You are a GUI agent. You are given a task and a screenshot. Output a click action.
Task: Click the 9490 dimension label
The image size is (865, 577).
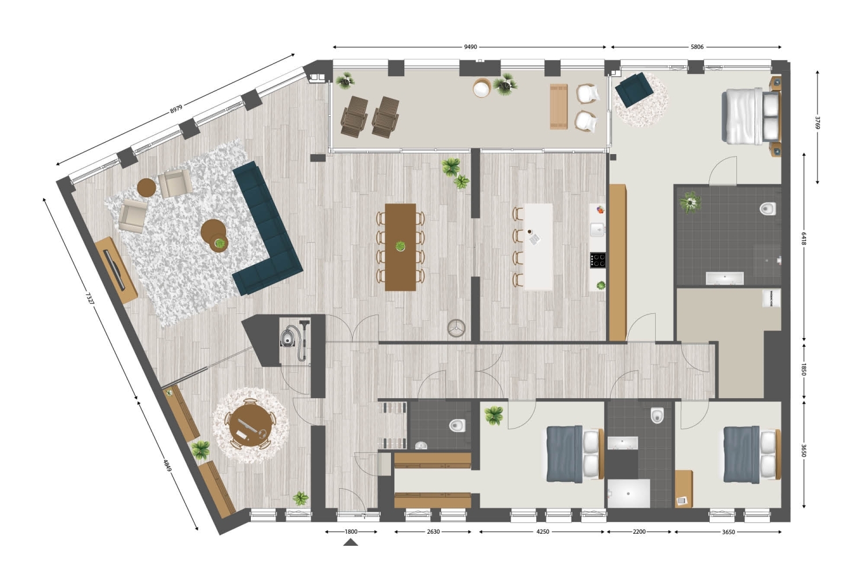click(470, 47)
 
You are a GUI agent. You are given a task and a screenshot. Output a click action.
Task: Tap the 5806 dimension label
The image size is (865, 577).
click(697, 47)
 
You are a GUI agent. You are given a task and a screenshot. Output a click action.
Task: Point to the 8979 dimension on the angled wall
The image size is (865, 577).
click(176, 110)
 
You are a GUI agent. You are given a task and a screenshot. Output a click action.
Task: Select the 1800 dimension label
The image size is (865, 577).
click(351, 531)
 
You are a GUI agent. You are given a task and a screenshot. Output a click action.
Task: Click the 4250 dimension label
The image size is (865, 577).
click(543, 531)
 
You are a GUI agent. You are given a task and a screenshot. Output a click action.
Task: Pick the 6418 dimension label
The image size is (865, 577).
click(804, 238)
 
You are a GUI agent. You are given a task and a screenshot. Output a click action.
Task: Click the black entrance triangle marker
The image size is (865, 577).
click(351, 542)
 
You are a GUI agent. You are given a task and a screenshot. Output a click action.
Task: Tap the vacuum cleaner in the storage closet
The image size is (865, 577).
click(295, 339)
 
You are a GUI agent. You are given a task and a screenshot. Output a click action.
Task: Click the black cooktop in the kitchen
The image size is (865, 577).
click(597, 260)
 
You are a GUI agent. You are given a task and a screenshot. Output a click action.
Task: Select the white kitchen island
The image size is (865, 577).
click(538, 247)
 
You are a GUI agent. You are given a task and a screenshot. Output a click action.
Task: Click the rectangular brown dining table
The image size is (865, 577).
click(400, 247)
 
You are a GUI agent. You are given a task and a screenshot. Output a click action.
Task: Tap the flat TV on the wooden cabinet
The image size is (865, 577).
click(114, 269)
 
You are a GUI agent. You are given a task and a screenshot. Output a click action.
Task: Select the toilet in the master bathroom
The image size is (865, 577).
click(768, 209)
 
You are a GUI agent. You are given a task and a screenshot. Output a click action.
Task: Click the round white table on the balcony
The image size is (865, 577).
click(482, 88)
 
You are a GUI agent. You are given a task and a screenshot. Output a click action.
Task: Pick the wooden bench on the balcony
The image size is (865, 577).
click(559, 107)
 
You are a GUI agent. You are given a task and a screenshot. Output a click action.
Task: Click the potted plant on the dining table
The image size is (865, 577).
click(400, 246)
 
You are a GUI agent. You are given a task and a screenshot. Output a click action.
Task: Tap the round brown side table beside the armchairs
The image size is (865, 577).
click(146, 188)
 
